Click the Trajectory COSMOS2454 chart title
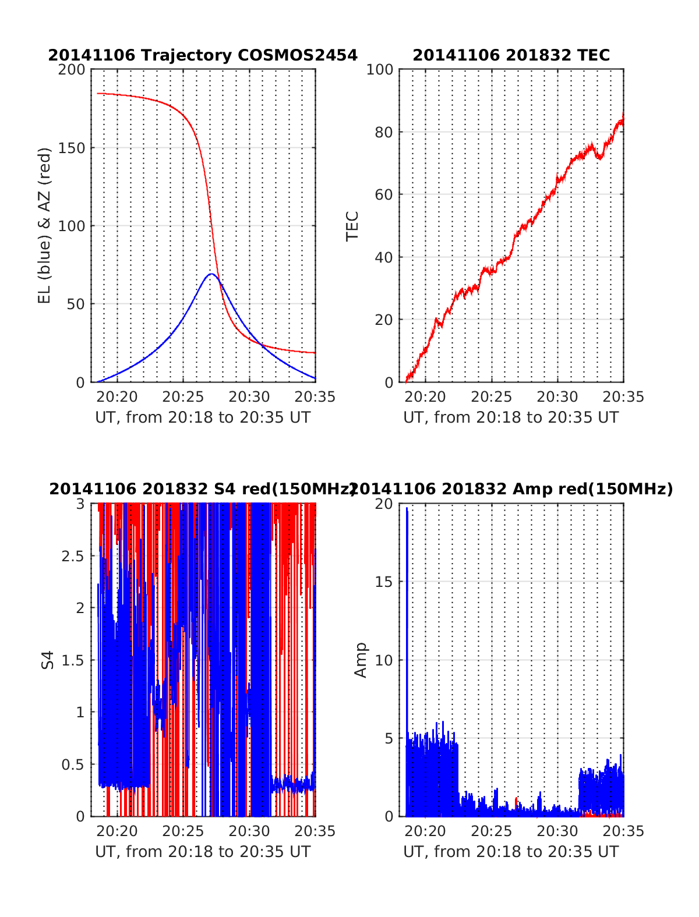(203, 55)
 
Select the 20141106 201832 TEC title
(511, 55)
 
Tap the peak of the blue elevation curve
(211, 274)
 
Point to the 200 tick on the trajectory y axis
(72, 70)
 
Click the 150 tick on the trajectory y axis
(72, 148)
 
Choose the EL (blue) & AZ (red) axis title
(45, 225)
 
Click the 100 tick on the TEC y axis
(380, 70)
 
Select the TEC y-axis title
(352, 226)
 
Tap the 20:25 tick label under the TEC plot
(491, 397)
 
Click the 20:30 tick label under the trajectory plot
(249, 397)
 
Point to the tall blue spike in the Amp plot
(407, 510)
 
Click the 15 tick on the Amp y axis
(384, 582)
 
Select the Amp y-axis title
(361, 660)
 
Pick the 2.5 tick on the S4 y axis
(73, 556)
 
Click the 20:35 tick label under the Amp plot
(623, 831)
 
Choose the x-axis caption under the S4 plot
(203, 852)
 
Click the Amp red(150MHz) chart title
(511, 489)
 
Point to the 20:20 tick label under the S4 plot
(117, 831)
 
